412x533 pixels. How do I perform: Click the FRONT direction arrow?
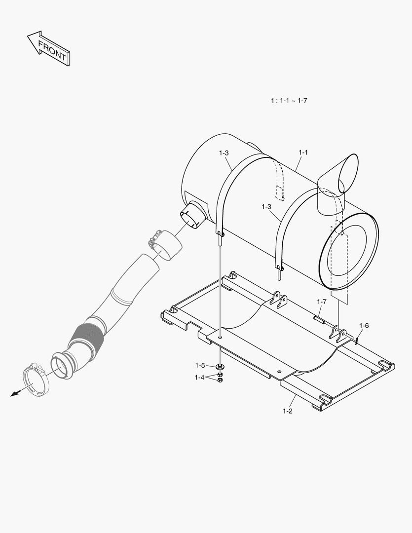pyautogui.click(x=49, y=48)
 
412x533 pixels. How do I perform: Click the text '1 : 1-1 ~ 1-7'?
pyautogui.click(x=289, y=101)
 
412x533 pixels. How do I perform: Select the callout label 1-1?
pyautogui.click(x=303, y=152)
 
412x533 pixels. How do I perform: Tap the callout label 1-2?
pyautogui.click(x=288, y=411)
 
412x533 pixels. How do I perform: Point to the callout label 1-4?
pyautogui.click(x=199, y=377)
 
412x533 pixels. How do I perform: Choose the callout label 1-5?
pyautogui.click(x=200, y=366)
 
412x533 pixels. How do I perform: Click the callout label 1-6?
pyautogui.click(x=364, y=325)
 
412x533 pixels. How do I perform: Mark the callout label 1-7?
pyautogui.click(x=322, y=302)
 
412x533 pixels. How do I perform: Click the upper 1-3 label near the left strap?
pyautogui.click(x=224, y=153)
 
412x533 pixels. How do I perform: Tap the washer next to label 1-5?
pyautogui.click(x=220, y=367)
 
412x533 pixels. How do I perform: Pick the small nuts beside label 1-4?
pyautogui.click(x=220, y=377)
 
